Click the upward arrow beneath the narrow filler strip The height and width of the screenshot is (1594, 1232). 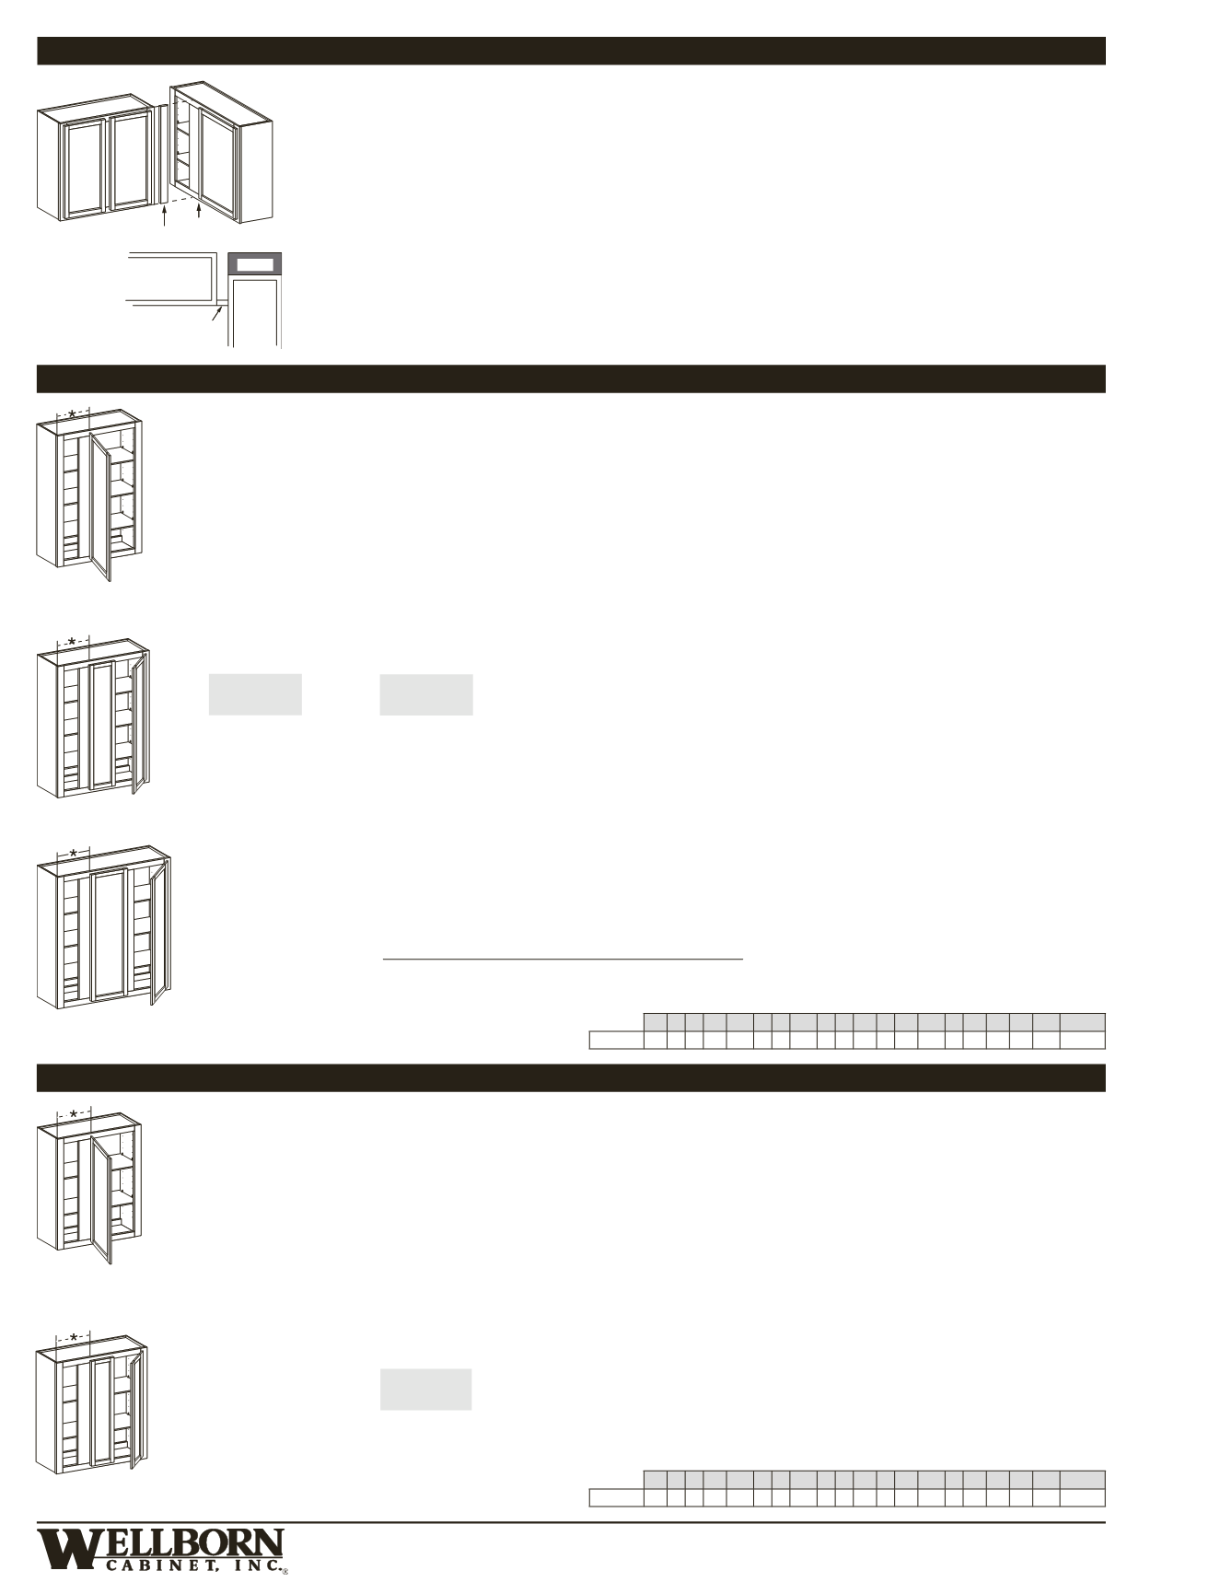click(164, 215)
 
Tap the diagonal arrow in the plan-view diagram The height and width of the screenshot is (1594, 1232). click(217, 313)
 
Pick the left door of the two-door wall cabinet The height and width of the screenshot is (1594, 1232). click(85, 167)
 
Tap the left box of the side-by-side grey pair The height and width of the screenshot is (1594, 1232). click(255, 694)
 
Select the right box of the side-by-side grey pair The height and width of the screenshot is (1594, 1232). click(426, 694)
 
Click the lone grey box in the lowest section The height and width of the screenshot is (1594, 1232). click(426, 1390)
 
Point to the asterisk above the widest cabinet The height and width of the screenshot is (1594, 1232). click(74, 854)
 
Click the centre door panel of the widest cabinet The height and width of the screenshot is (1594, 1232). click(110, 935)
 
